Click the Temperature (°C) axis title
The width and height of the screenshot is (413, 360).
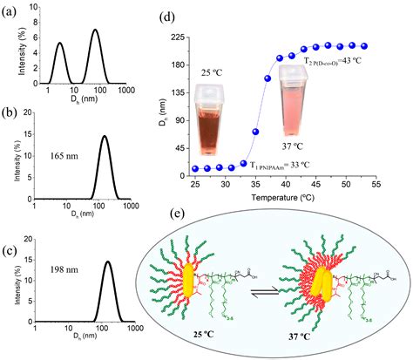[280, 198]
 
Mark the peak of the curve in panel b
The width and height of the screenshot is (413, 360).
[105, 136]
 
